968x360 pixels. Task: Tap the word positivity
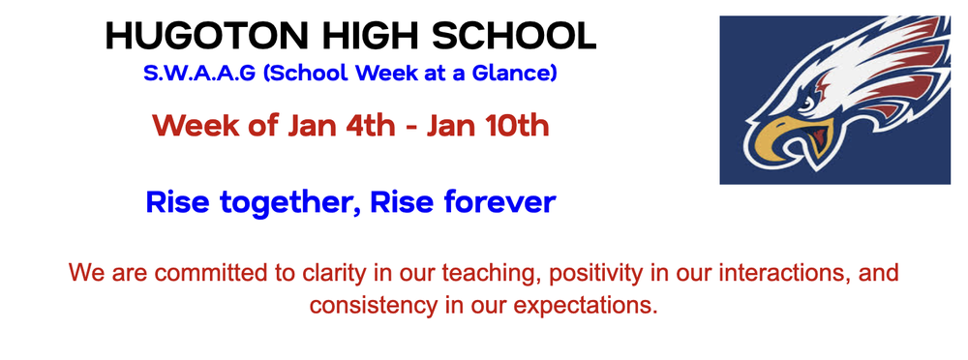click(590, 273)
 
